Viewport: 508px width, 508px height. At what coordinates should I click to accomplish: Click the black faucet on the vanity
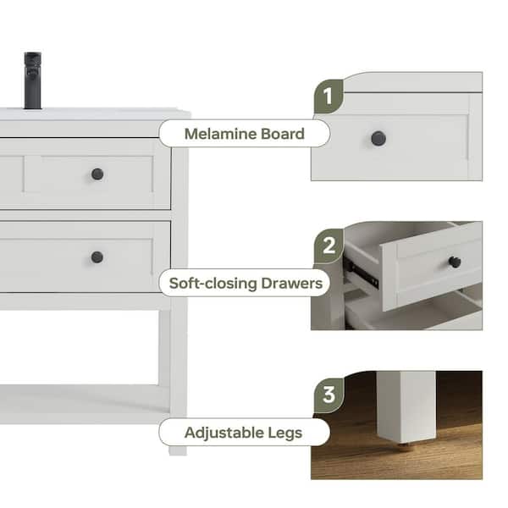point(33,80)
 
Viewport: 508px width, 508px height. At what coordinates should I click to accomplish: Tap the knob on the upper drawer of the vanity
point(97,174)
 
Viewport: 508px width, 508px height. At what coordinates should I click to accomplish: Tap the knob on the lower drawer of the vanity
point(97,257)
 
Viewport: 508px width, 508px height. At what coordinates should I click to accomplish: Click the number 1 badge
point(329,97)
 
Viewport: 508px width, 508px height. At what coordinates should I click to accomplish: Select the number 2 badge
point(329,246)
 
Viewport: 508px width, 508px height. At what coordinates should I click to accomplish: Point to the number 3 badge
point(329,395)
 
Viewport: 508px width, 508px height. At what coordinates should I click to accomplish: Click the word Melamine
point(221,134)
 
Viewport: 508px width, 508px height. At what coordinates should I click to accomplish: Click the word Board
point(283,134)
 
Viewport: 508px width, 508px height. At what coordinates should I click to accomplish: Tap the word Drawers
point(291,284)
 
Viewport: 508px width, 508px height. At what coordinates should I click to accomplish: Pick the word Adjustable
point(224,433)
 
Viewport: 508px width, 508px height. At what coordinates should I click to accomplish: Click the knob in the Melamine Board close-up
point(378,138)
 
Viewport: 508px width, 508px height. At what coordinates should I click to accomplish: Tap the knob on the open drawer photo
point(455,262)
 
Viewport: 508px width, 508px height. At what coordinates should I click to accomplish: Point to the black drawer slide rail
point(361,272)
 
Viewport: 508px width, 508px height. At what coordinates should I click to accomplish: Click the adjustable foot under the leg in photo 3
point(403,447)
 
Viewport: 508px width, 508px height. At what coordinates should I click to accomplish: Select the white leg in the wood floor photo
point(406,407)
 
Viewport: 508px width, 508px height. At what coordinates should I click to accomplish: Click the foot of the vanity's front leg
point(178,451)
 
